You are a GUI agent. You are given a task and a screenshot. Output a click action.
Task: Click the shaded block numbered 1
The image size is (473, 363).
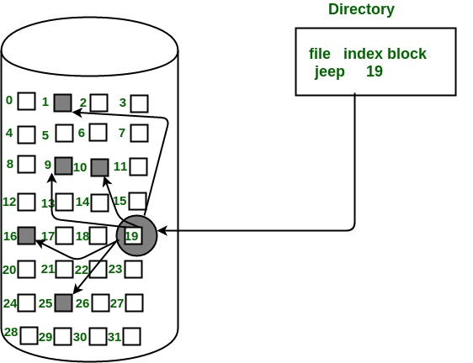pos(63,103)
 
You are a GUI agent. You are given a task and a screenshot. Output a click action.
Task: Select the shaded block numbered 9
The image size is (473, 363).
pos(64,166)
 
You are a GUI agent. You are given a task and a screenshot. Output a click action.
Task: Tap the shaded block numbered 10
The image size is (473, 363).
pos(100,167)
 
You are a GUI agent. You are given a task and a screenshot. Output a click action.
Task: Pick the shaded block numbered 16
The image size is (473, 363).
pos(27,235)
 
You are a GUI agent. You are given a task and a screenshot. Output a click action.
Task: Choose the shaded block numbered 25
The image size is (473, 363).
pos(64,302)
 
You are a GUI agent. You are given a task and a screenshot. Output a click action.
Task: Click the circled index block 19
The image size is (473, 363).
pos(136,235)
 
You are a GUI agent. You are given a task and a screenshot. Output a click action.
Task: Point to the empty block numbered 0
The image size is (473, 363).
pos(27,101)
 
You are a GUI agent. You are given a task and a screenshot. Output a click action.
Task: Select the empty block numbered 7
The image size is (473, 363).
pos(140,134)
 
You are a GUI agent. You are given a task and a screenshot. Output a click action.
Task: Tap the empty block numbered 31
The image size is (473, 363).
pos(132,336)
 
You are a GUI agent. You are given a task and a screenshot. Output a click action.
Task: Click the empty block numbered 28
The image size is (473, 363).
pos(29,335)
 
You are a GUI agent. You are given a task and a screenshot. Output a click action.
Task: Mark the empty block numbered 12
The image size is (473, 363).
pos(27,202)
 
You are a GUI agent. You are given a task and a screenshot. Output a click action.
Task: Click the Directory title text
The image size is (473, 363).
pos(361,9)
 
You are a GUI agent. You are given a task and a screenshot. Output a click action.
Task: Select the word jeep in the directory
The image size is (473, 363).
pos(329,72)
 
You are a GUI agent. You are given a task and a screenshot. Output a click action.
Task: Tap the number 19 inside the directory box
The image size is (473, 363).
pos(375,71)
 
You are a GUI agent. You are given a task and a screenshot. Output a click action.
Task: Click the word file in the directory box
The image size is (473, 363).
pos(320,54)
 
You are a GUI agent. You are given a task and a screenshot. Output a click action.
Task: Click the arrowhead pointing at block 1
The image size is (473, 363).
pos(77,113)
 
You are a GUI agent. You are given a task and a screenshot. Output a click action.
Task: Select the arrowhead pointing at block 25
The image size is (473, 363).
pos(77,289)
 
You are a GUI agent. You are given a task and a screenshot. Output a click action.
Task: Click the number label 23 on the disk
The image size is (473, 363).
pos(115,269)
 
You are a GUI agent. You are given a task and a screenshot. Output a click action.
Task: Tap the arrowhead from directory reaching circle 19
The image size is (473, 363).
pos(162,231)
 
